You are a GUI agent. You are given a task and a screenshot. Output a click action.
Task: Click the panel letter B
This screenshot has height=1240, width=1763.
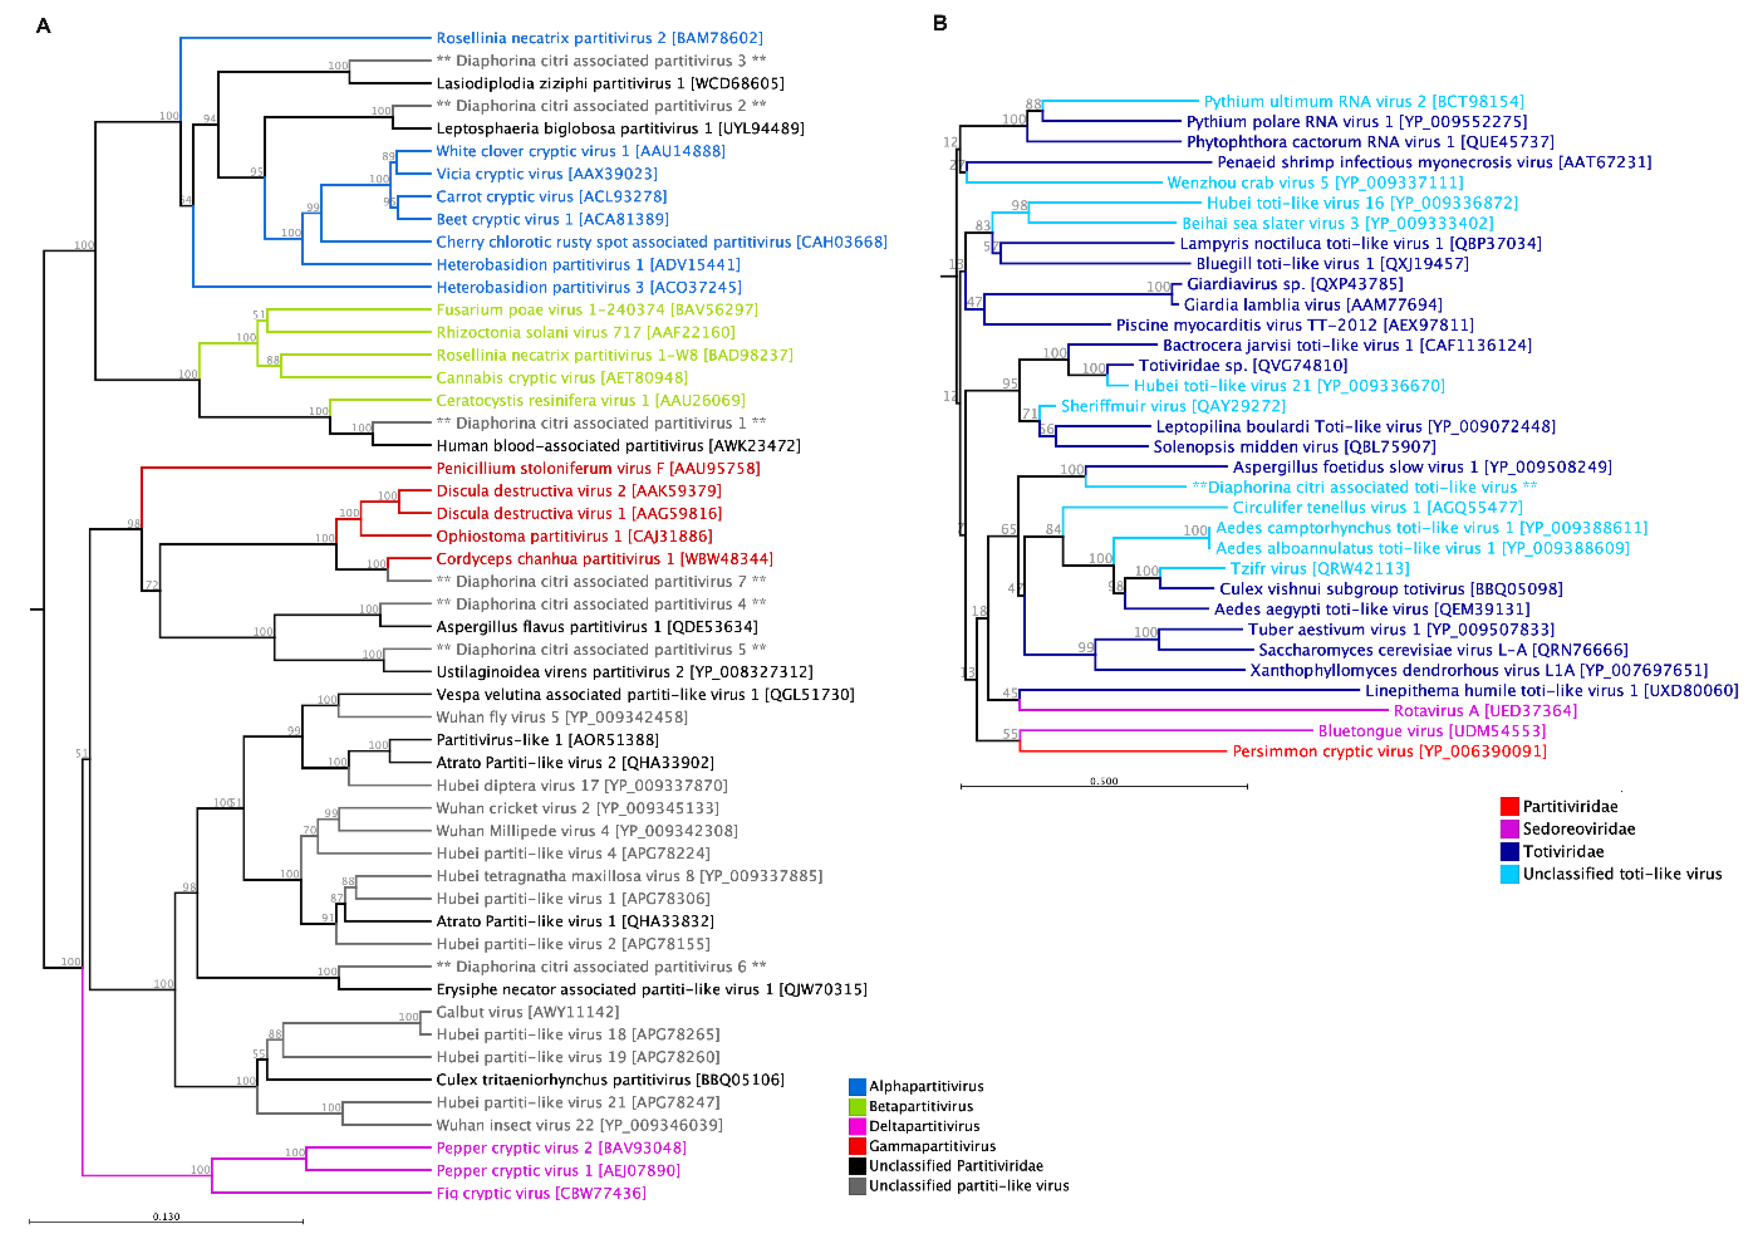click(940, 23)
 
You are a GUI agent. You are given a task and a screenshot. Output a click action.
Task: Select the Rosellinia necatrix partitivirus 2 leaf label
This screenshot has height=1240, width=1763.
click(599, 38)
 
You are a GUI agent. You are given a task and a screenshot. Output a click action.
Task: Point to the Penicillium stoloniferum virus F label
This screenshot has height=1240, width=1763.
click(597, 468)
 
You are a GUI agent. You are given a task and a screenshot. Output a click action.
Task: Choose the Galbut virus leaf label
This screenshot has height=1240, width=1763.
click(527, 1012)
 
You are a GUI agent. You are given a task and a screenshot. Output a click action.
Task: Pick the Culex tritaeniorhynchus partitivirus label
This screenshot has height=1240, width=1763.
click(609, 1079)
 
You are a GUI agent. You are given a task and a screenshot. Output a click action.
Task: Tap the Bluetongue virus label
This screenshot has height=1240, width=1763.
click(1431, 731)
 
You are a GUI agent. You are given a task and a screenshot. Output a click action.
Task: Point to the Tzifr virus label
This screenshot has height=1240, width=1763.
click(1319, 568)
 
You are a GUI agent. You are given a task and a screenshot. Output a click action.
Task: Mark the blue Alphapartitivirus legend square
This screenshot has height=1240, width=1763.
click(857, 1087)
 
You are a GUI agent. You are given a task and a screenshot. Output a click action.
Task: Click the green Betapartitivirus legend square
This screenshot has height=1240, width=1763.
click(857, 1106)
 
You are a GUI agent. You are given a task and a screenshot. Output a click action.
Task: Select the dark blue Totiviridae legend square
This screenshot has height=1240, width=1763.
click(1509, 851)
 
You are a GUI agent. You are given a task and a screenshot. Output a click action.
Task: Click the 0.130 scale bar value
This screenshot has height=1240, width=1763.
click(166, 1216)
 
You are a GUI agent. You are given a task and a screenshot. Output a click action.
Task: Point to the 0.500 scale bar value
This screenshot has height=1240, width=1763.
click(1103, 781)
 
